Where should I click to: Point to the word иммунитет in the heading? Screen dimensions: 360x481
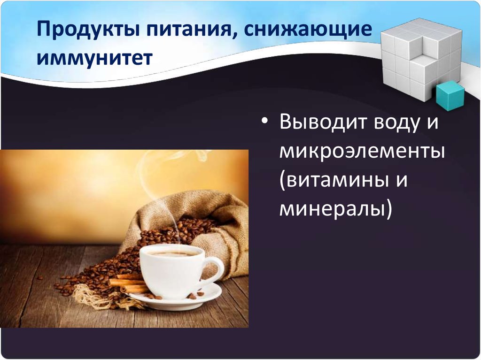(96, 58)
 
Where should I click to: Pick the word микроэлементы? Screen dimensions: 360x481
(362, 153)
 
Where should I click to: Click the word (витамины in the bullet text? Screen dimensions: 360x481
(334, 180)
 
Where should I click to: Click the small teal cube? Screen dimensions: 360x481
(449, 95)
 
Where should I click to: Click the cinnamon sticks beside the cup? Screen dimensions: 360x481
(124, 283)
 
